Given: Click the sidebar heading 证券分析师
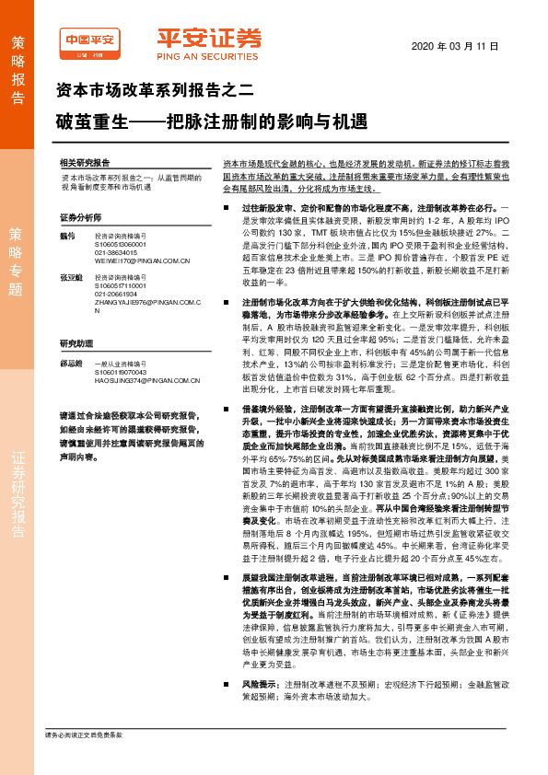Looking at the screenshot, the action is (80, 217).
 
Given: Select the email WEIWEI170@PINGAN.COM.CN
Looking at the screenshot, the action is (142, 261).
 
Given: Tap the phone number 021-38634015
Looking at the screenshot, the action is (116, 253).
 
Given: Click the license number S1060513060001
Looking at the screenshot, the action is (122, 245).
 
